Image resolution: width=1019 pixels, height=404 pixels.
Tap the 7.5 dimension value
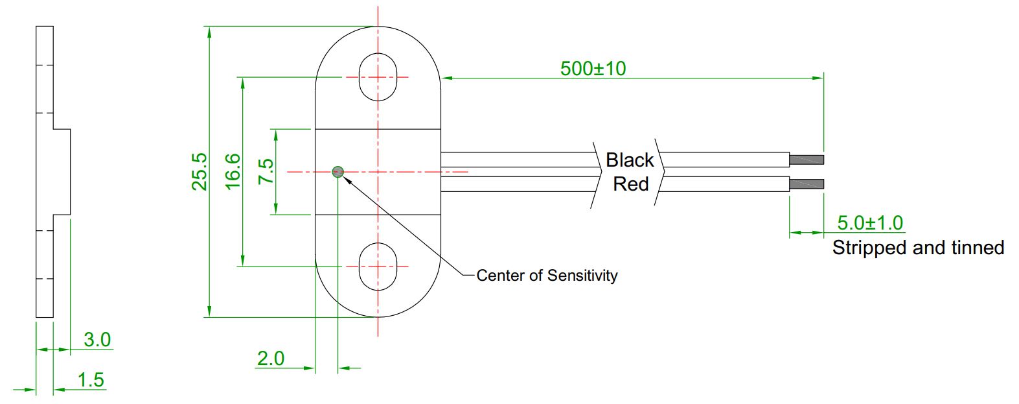pos(266,171)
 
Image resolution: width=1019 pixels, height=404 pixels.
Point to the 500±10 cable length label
pos(593,68)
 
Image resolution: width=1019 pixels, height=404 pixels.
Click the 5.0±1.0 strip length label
pos(870,223)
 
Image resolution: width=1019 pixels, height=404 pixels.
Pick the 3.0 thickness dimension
pos(97,339)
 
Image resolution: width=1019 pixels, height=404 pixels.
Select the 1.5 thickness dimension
pos(91,379)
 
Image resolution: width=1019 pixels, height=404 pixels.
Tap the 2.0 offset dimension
pos(271,358)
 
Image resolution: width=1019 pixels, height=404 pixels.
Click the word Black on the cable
pos(630,160)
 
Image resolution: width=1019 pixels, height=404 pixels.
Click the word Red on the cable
pos(630,184)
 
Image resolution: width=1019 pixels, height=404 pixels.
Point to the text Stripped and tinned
pos(918,247)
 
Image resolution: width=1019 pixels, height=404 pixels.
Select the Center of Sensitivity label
pos(547,276)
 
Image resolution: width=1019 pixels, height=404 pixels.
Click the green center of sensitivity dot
pos(338,172)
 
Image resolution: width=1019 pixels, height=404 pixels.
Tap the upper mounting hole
pos(378,77)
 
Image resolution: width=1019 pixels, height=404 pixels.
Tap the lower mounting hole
pos(378,267)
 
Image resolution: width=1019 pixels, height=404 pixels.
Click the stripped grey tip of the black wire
pos(807,160)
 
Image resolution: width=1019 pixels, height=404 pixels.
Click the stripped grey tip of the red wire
pos(807,184)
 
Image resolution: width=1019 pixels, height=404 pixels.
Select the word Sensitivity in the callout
pos(582,276)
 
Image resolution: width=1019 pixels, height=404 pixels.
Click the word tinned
pos(978,247)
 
